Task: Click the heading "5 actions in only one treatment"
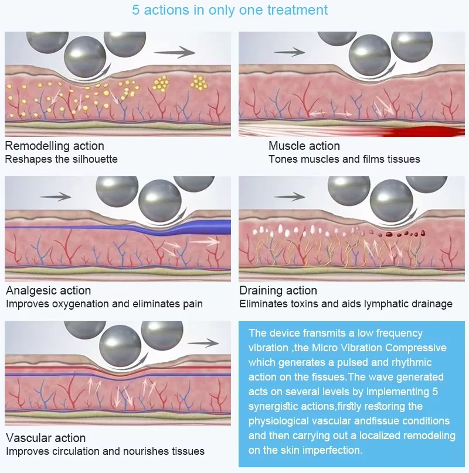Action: coord(230,9)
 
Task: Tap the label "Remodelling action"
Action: coord(55,146)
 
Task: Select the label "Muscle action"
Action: coord(304,146)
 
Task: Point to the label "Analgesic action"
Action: coord(48,290)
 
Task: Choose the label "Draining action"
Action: coord(278,290)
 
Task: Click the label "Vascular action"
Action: coord(46,438)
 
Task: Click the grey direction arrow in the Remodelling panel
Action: coord(174,52)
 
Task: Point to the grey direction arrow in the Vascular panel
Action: coord(203,343)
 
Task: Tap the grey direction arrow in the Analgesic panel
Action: coord(56,197)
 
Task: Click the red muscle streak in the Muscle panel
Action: coord(423,132)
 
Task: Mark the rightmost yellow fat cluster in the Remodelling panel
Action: coord(199,83)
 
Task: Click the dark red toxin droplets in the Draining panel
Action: coord(397,234)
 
